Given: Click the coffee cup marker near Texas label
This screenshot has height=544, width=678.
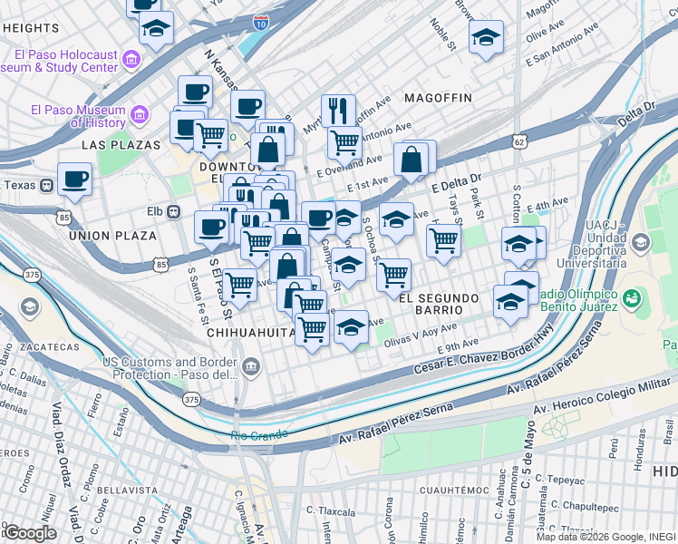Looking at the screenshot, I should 74,178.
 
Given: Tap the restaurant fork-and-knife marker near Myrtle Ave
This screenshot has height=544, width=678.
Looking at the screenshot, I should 338,110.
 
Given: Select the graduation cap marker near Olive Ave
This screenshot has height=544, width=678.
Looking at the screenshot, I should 487,38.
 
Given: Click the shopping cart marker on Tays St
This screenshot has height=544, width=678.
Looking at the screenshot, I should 442,240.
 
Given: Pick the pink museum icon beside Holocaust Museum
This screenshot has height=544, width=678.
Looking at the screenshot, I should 131,60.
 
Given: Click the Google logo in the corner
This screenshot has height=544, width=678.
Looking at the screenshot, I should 29,533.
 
